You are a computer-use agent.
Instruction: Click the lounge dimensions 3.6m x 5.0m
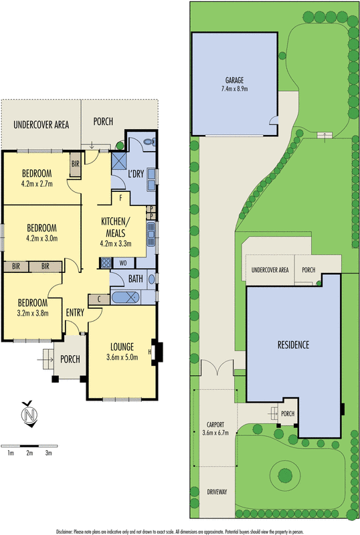point(122,357)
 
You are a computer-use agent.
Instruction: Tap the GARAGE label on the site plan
point(234,79)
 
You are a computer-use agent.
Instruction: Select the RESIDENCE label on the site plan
point(293,345)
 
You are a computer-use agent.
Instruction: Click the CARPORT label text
point(215,425)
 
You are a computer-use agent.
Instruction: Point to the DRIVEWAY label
point(217,492)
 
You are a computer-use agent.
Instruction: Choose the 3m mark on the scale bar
point(48,453)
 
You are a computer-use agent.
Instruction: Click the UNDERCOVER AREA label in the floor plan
point(41,124)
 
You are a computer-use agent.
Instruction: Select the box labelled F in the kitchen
point(120,198)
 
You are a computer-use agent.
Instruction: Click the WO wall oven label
point(123,263)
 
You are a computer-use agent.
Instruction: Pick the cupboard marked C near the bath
point(99,298)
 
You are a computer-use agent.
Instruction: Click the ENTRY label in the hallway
point(74,312)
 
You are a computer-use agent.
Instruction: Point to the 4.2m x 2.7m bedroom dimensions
point(37,184)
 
